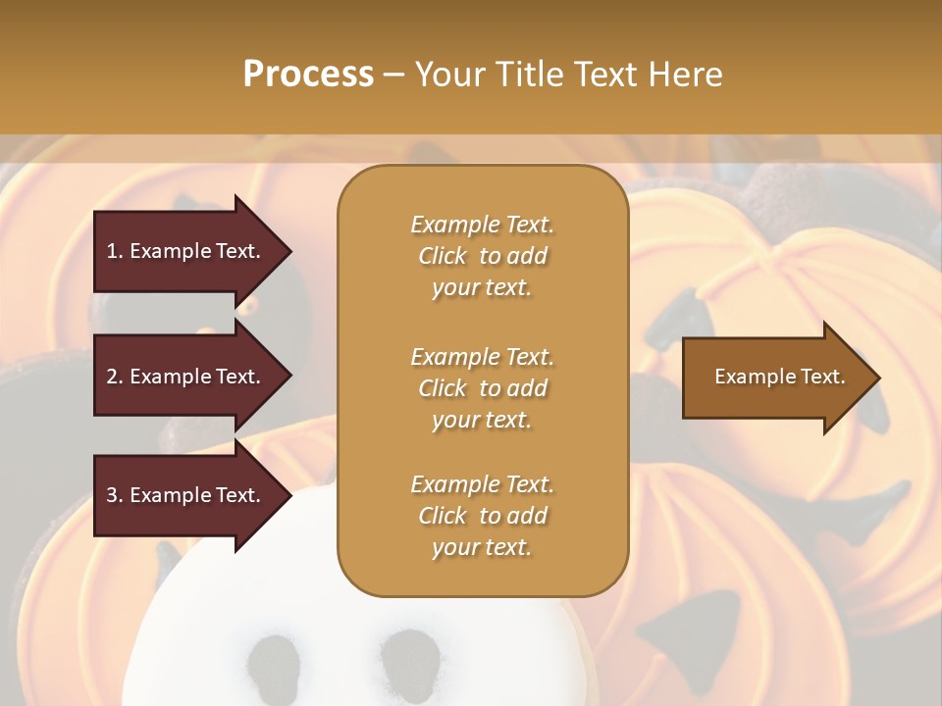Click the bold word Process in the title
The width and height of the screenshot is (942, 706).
point(308,74)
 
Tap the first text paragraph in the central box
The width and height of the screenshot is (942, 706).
point(482,256)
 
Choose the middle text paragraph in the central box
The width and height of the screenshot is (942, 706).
point(482,388)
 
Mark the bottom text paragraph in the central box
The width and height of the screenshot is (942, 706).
point(482,516)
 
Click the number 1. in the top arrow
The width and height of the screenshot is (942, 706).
point(115,251)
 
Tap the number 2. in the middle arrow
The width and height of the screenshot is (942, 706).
point(115,377)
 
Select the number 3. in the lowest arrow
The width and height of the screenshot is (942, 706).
point(115,496)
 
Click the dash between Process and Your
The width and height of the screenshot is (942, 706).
point(393,75)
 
